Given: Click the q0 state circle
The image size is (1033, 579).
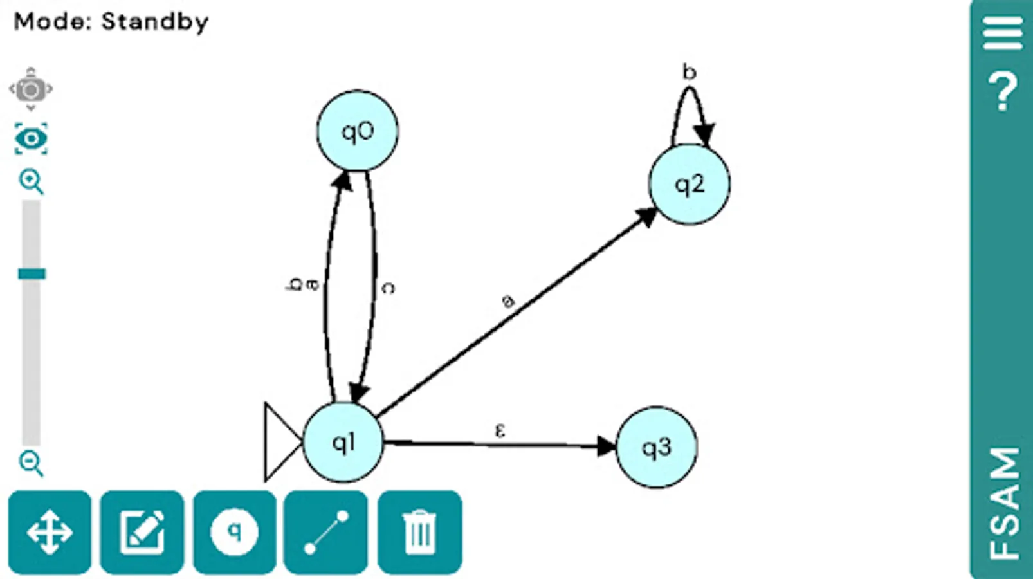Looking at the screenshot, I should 357,131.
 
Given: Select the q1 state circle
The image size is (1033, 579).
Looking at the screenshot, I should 343,443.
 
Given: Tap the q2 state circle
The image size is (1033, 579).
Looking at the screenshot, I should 689,185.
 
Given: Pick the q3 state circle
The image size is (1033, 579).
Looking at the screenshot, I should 656,447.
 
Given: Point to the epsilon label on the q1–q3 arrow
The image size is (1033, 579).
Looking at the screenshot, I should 500,430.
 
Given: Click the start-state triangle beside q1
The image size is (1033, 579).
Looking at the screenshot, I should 280,442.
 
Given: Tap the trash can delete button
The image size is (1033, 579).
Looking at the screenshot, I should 419,532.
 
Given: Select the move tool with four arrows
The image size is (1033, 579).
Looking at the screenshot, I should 50,532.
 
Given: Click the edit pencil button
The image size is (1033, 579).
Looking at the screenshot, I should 142,532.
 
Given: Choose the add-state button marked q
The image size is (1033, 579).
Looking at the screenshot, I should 235,532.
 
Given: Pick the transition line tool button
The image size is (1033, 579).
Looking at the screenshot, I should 326,532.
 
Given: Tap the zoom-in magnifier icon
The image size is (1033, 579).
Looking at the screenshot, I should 31,181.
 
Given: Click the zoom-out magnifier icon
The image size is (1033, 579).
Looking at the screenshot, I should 31,463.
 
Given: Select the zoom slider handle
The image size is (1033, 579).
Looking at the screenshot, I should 32,274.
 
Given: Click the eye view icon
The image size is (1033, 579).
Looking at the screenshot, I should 31,139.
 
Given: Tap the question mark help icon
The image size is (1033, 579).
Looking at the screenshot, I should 1002,92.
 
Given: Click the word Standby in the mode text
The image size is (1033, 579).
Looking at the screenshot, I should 155,22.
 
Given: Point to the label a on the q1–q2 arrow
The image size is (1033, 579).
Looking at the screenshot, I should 507,300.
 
